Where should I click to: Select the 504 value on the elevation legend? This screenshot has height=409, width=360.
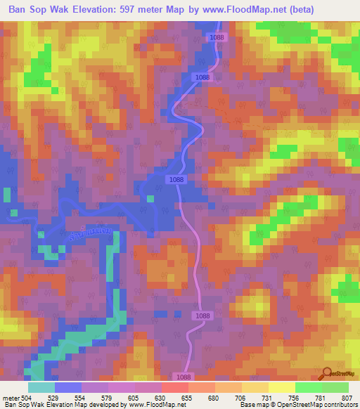[x=27, y=397]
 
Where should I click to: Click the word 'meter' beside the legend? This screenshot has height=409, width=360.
[x=10, y=397]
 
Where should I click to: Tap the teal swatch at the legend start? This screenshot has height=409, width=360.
[x=41, y=387]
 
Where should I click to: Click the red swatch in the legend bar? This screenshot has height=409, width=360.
[x=174, y=387]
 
